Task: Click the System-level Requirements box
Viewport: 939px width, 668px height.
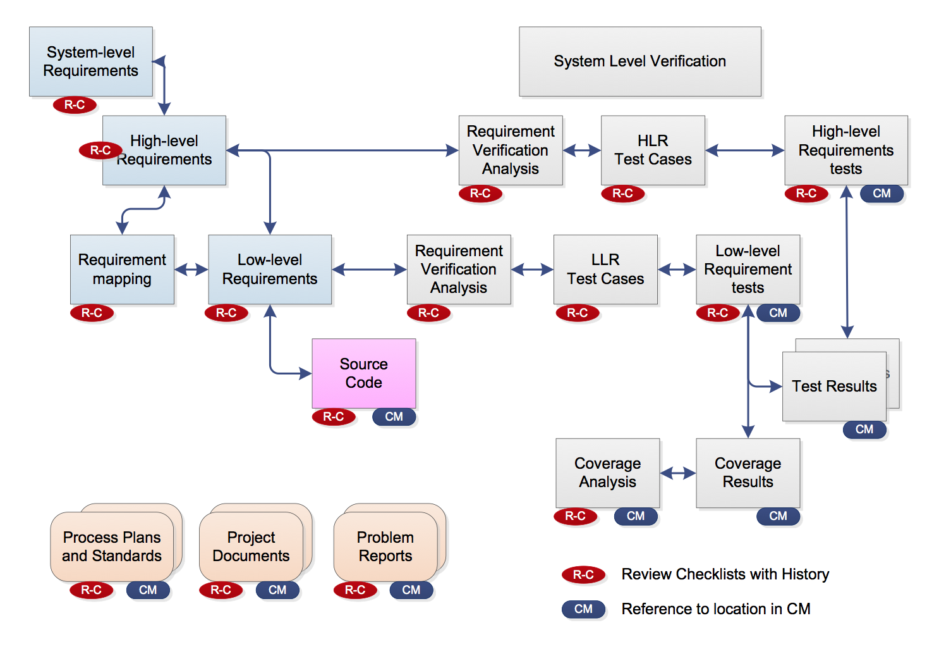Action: tap(91, 62)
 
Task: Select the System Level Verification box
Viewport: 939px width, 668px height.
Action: tap(640, 62)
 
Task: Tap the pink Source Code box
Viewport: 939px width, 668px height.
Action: tap(364, 373)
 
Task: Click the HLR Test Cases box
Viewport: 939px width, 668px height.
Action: tap(653, 150)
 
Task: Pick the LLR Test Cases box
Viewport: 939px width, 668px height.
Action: tap(606, 269)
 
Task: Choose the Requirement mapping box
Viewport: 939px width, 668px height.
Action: tap(123, 269)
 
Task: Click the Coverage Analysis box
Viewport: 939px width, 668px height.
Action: tap(608, 473)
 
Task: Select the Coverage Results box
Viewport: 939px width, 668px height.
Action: tap(748, 473)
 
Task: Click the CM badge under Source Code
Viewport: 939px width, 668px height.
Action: tap(394, 417)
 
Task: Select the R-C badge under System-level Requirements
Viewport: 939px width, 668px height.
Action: tap(75, 105)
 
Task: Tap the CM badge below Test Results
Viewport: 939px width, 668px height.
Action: tap(864, 430)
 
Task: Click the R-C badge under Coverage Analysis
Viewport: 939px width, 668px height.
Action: tap(576, 516)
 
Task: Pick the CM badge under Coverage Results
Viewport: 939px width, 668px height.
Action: tap(778, 516)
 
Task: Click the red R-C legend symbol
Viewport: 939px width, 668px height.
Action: tap(583, 574)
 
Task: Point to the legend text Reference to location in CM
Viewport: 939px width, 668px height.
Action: tap(716, 609)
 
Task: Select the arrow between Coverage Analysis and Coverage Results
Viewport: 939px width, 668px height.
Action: tap(678, 473)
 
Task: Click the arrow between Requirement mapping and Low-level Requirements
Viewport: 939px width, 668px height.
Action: tap(191, 269)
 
